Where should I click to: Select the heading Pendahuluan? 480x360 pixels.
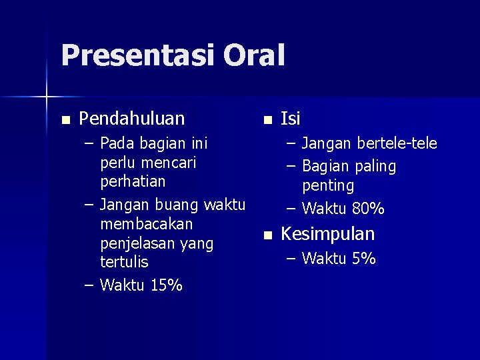pyautogui.click(x=132, y=119)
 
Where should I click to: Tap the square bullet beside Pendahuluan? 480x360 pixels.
pyautogui.click(x=65, y=120)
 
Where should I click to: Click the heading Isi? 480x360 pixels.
pyautogui.click(x=291, y=119)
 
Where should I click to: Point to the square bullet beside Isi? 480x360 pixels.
pyautogui.click(x=267, y=120)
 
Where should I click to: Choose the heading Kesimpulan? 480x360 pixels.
pyautogui.click(x=328, y=234)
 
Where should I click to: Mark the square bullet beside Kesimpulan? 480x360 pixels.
pyautogui.click(x=267, y=235)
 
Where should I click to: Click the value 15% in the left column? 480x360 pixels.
pyautogui.click(x=167, y=285)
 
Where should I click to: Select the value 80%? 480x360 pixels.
pyautogui.click(x=368, y=209)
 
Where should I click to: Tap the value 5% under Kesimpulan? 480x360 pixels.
pyautogui.click(x=363, y=258)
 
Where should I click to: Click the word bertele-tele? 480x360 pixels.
pyautogui.click(x=397, y=143)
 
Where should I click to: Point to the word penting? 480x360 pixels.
pyautogui.click(x=328, y=185)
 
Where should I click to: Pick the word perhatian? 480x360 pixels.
pyautogui.click(x=133, y=181)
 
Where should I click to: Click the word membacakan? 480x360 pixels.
pyautogui.click(x=146, y=223)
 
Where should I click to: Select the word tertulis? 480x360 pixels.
pyautogui.click(x=124, y=262)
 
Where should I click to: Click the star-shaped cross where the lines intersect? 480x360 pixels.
pyautogui.click(x=47, y=98)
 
